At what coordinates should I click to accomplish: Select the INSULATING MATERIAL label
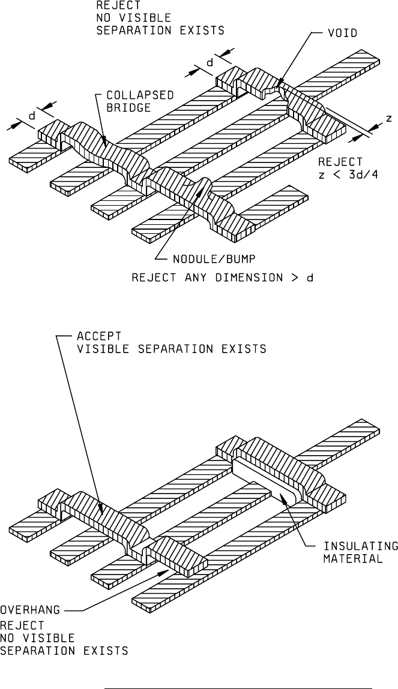361,552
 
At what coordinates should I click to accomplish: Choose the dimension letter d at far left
31,118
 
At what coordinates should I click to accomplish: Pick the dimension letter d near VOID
210,61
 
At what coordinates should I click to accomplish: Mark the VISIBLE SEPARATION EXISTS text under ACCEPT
171,348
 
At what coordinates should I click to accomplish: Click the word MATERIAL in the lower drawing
361,558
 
